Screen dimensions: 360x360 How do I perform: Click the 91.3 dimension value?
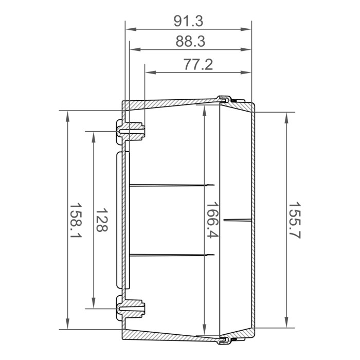(189, 21)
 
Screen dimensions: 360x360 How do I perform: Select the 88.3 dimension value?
(190, 42)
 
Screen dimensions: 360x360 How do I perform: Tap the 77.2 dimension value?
(198, 65)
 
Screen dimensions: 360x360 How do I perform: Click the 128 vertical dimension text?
(101, 220)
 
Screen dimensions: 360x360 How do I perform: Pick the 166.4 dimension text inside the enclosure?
(212, 220)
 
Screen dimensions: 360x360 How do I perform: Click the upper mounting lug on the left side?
(131, 131)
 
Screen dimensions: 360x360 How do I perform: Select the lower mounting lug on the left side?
(131, 308)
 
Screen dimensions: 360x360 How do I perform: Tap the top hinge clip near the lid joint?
(225, 99)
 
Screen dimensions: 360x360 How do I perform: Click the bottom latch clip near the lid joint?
(225, 340)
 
